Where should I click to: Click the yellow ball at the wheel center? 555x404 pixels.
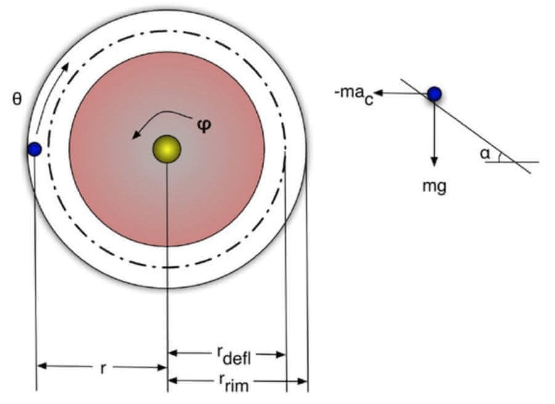click(167, 149)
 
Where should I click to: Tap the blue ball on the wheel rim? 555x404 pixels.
click(34, 149)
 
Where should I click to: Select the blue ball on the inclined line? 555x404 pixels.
click(434, 94)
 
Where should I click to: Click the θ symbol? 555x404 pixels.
click(17, 99)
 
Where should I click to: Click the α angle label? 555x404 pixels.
click(485, 154)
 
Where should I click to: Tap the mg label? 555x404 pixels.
click(434, 187)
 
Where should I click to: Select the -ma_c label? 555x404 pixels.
click(354, 95)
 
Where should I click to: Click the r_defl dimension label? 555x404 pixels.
click(233, 355)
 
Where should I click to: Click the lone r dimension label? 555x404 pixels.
click(103, 368)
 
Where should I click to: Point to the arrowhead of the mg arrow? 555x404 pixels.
click(434, 162)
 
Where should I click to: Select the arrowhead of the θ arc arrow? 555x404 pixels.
click(65, 68)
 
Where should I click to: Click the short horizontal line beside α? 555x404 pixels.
click(512, 162)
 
